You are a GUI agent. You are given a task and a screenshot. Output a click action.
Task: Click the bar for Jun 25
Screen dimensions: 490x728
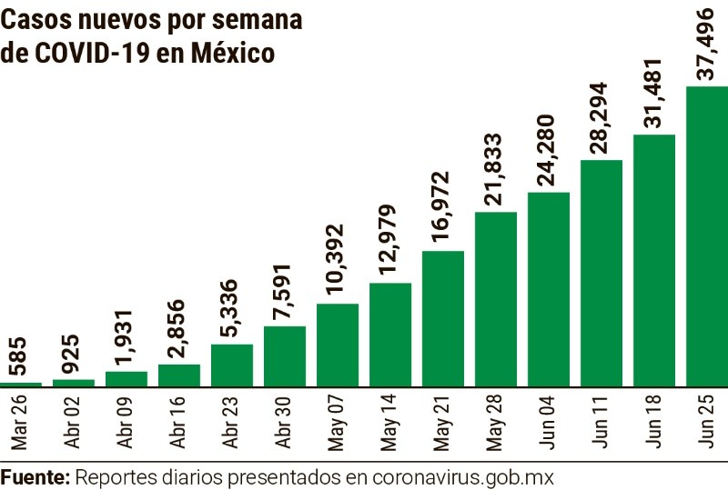coord(706,236)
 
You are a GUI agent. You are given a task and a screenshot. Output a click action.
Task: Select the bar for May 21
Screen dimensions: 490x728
coord(443,318)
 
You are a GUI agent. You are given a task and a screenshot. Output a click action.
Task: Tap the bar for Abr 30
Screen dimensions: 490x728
coord(285,356)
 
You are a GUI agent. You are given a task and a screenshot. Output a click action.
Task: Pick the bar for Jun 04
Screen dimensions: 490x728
coord(549,289)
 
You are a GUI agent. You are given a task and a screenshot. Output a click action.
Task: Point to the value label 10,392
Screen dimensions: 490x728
coord(338,262)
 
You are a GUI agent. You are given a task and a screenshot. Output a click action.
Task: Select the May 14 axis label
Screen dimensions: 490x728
coord(390,422)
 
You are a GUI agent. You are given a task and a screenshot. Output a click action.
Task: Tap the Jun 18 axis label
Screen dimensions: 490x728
coord(654,422)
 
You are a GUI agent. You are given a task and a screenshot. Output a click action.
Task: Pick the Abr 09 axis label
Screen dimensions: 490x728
coord(126,422)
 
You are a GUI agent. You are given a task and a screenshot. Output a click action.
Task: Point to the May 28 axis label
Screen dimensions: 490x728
coord(496,422)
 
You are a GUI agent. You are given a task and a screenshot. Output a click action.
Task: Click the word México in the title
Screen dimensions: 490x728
coord(233,54)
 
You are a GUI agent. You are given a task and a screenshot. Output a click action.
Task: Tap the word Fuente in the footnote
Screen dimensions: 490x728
coord(35,476)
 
